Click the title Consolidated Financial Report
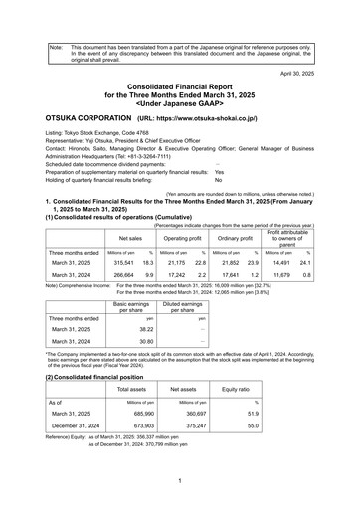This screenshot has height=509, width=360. point(179,88)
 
